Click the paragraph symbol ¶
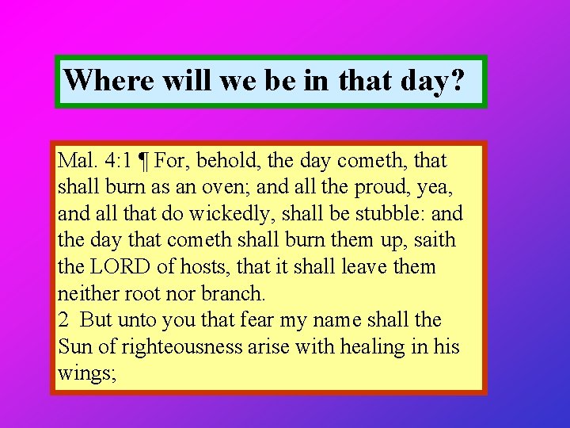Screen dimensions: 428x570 [144, 162]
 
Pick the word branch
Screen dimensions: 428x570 [233, 294]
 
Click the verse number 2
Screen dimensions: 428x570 [63, 320]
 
